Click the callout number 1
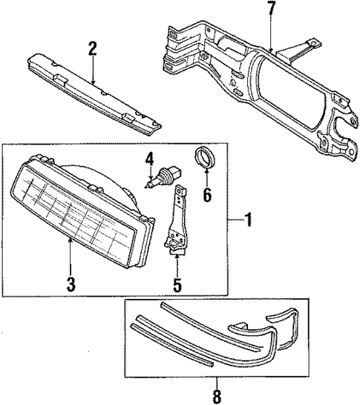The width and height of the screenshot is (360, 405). click(x=249, y=220)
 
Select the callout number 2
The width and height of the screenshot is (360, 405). click(x=93, y=49)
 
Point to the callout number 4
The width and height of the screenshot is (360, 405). click(x=149, y=158)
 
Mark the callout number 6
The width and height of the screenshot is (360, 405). click(x=207, y=196)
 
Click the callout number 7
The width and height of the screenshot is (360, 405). click(x=272, y=10)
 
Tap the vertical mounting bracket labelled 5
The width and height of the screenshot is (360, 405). click(x=177, y=223)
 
